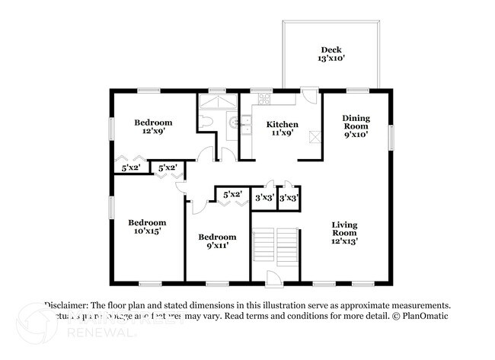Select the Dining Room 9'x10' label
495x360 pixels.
click(x=356, y=126)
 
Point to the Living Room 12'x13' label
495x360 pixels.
click(x=344, y=231)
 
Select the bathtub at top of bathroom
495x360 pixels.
click(x=219, y=102)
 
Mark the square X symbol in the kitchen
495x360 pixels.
click(x=314, y=136)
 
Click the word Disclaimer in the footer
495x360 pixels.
click(x=68, y=304)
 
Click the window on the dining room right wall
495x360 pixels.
click(x=392, y=135)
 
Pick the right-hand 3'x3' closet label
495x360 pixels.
click(x=289, y=198)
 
